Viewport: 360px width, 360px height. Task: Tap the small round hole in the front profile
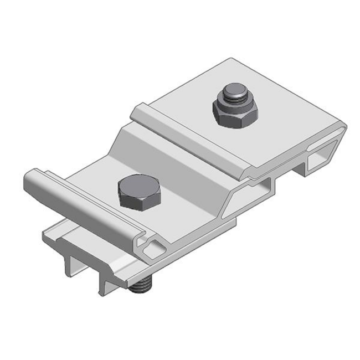pos(155,242)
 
